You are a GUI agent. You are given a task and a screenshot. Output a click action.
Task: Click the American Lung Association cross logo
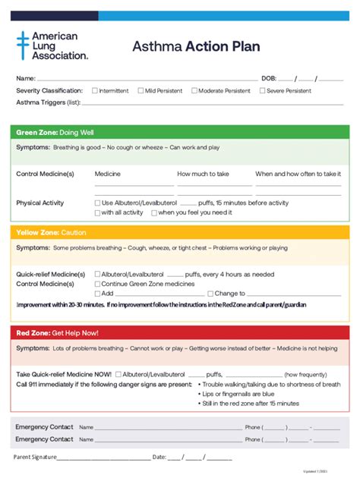[x=23, y=45]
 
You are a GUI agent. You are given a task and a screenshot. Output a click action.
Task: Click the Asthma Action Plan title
[x=196, y=46]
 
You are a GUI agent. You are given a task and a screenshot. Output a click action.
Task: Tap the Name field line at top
[x=144, y=79]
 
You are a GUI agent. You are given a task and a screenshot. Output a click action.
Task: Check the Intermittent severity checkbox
[x=95, y=90]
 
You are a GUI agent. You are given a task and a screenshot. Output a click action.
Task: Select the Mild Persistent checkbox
[x=141, y=90]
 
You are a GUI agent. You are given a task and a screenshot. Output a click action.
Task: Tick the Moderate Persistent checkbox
[x=194, y=90]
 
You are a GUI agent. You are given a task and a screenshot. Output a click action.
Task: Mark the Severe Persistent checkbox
[x=262, y=90]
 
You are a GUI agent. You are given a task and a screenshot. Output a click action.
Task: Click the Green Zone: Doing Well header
[x=55, y=132]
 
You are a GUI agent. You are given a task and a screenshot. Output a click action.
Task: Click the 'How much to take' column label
[x=203, y=174]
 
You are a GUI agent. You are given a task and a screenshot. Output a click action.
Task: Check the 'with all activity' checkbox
[x=97, y=213]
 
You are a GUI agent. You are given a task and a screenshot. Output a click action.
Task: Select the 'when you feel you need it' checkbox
[x=154, y=213]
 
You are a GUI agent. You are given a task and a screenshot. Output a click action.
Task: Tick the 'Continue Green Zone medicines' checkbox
[x=97, y=284]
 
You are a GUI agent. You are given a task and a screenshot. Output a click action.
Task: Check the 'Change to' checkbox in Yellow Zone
[x=210, y=294]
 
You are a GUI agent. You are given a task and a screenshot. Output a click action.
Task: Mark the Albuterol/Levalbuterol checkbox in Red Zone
[x=118, y=374]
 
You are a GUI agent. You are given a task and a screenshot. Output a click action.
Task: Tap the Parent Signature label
[x=36, y=458]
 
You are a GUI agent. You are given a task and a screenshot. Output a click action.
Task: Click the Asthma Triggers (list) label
[x=48, y=102]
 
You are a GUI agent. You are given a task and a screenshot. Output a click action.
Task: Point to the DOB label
[x=268, y=79]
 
